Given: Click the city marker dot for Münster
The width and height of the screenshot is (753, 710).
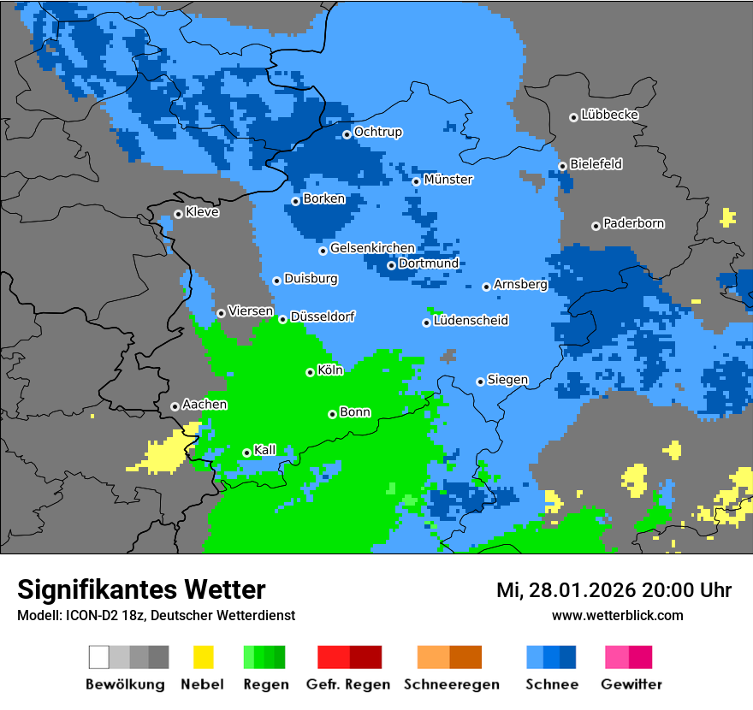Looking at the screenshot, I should pos(416,181).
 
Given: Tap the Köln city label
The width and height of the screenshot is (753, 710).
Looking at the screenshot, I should pos(330,370).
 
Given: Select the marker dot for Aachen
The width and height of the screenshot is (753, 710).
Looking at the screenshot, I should pos(175,406).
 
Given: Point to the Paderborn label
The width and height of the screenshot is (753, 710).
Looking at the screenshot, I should pos(633,224).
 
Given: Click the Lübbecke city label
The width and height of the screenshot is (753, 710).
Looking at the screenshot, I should pos(609,115).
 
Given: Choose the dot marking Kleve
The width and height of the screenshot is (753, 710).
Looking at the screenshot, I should pos(178,214).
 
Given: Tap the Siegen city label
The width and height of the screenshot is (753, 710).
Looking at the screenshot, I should pos(507,380).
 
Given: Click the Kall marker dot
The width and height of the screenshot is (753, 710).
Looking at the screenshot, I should pos(246,453).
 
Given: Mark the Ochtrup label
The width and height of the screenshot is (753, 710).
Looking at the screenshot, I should pos(377,133).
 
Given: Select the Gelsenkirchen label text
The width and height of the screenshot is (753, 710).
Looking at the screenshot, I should pos(372,248).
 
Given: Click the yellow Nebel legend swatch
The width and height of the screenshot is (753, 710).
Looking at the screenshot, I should pos(203,657).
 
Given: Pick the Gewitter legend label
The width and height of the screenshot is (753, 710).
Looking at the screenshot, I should pos(631,684).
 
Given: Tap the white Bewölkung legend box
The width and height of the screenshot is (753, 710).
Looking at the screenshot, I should pos(99,657).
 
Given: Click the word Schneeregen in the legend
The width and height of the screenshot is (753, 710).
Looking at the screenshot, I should pos(452,684).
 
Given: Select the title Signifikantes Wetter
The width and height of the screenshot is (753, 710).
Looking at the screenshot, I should pos(141,589).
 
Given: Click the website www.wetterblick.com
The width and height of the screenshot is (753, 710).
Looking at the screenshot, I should pos(617,615).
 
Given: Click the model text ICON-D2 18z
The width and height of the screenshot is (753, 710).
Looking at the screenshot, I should pos(104,615).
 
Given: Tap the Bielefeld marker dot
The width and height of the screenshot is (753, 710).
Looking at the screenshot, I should pos(562,166).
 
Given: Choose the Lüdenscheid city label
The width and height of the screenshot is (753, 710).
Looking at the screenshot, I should pos(471,321).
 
